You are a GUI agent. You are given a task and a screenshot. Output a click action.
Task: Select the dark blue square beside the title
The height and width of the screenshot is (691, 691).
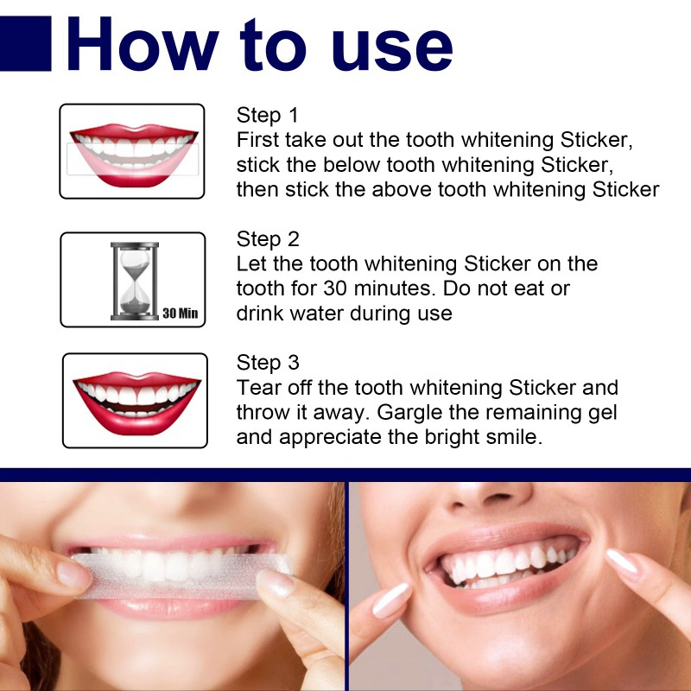[x=26, y=43]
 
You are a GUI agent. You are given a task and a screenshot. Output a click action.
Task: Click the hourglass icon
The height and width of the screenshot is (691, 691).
[x=134, y=280]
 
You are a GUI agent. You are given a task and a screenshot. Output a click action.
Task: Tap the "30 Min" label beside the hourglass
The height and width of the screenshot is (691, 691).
[x=180, y=313]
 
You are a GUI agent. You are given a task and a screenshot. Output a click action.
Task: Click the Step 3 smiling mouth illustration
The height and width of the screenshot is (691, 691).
[x=135, y=398]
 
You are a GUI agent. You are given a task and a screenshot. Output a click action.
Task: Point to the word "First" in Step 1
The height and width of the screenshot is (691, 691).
[x=257, y=140]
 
